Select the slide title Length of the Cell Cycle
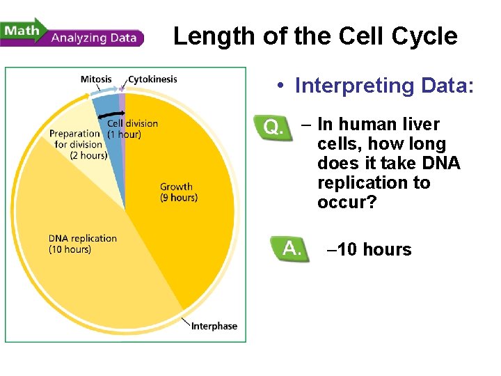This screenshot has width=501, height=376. pos(315,36)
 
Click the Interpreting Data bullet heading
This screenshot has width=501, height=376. pos(384,86)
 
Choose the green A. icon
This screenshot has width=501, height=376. pos(291,249)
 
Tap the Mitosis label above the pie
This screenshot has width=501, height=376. pos(96,79)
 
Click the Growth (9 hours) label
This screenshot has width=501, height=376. pos(178,191)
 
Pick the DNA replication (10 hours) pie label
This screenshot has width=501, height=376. pos(82,244)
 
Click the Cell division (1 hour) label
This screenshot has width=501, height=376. pos(132,129)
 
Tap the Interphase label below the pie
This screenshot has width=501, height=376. pos(214,326)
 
